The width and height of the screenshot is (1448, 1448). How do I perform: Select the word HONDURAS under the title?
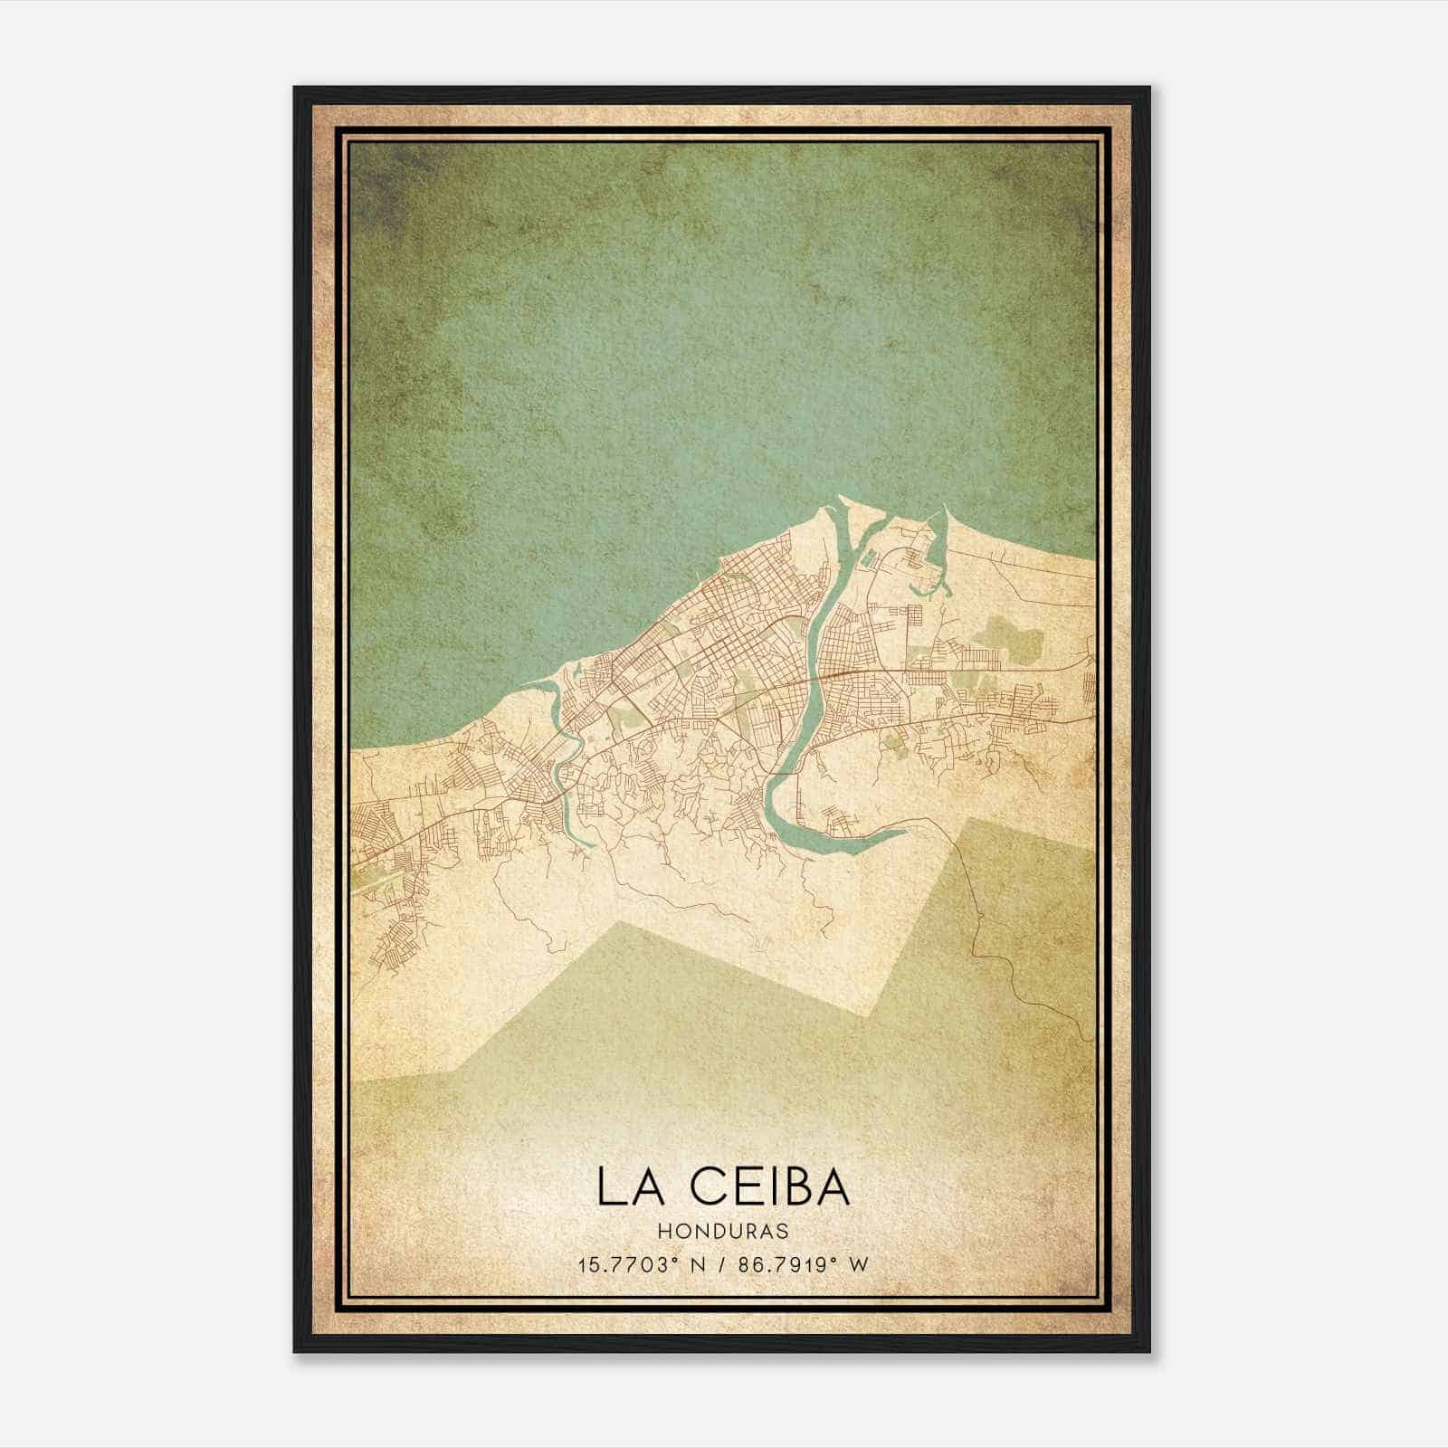pyautogui.click(x=723, y=1232)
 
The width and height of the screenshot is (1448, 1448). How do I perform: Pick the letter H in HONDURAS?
pyautogui.click(x=664, y=1232)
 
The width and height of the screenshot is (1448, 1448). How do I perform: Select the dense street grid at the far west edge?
pyautogui.click(x=371, y=824)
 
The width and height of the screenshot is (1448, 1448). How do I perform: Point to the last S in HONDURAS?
pyautogui.click(x=782, y=1232)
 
